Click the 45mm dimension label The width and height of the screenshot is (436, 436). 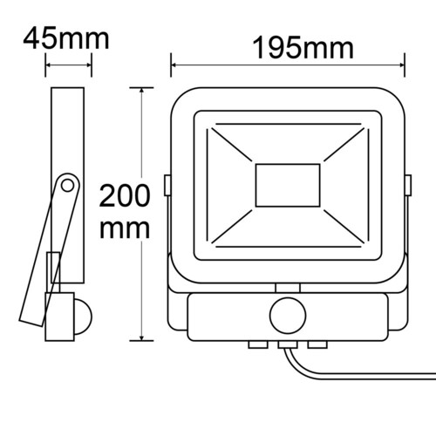(66, 38)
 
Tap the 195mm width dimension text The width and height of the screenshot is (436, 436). (303, 48)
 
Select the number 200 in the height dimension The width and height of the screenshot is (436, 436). (125, 196)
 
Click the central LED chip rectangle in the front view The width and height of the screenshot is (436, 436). (288, 186)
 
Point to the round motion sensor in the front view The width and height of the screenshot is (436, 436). (288, 316)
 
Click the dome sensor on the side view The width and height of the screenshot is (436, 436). (83, 317)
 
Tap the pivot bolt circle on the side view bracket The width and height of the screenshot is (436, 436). (68, 186)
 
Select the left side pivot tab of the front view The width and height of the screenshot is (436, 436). (167, 185)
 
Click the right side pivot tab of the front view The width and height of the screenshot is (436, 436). (408, 185)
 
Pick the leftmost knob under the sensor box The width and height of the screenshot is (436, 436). (258, 344)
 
